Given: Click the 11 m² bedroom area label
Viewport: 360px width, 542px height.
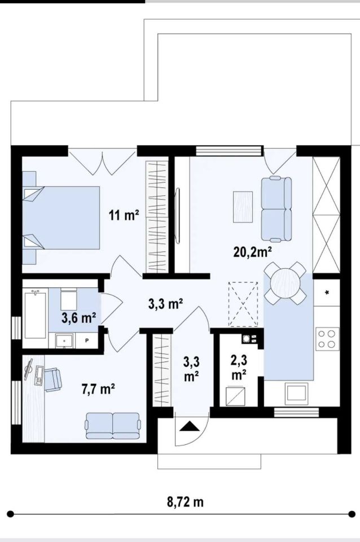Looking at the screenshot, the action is (124, 215).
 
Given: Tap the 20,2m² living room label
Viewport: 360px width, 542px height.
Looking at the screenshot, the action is (252, 252).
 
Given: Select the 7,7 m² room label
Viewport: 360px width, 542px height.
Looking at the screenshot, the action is (98, 389).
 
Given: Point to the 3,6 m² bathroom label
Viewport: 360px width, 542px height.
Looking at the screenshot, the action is (78, 318).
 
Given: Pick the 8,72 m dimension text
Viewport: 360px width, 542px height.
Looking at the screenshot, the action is (185, 501).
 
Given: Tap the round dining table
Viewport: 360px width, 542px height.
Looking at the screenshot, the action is (285, 283).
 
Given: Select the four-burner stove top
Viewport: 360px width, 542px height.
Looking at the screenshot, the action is (327, 339).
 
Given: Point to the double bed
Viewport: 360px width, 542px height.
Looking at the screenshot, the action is (61, 218).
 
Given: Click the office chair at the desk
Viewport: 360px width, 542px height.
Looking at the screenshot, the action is (52, 380).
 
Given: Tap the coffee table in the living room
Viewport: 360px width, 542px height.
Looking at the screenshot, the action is (243, 207).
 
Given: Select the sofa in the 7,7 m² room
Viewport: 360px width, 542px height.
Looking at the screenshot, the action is (113, 426).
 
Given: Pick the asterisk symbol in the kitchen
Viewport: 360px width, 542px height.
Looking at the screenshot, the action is (327, 293).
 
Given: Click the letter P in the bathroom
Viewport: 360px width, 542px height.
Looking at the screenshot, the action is (87, 340).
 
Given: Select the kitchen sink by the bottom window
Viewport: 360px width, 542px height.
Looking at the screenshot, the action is (295, 394).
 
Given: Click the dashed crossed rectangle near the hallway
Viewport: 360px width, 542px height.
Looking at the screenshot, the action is (243, 304).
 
